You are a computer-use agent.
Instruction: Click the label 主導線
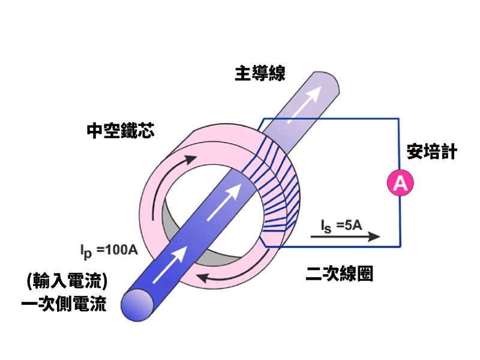(259, 74)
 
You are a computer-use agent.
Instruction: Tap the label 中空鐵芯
(120, 130)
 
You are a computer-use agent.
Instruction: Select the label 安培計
(431, 151)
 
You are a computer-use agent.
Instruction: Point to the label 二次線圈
(339, 274)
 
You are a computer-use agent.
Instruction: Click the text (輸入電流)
(67, 280)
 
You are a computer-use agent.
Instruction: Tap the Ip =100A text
(109, 249)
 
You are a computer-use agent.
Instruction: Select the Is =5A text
(340, 226)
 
